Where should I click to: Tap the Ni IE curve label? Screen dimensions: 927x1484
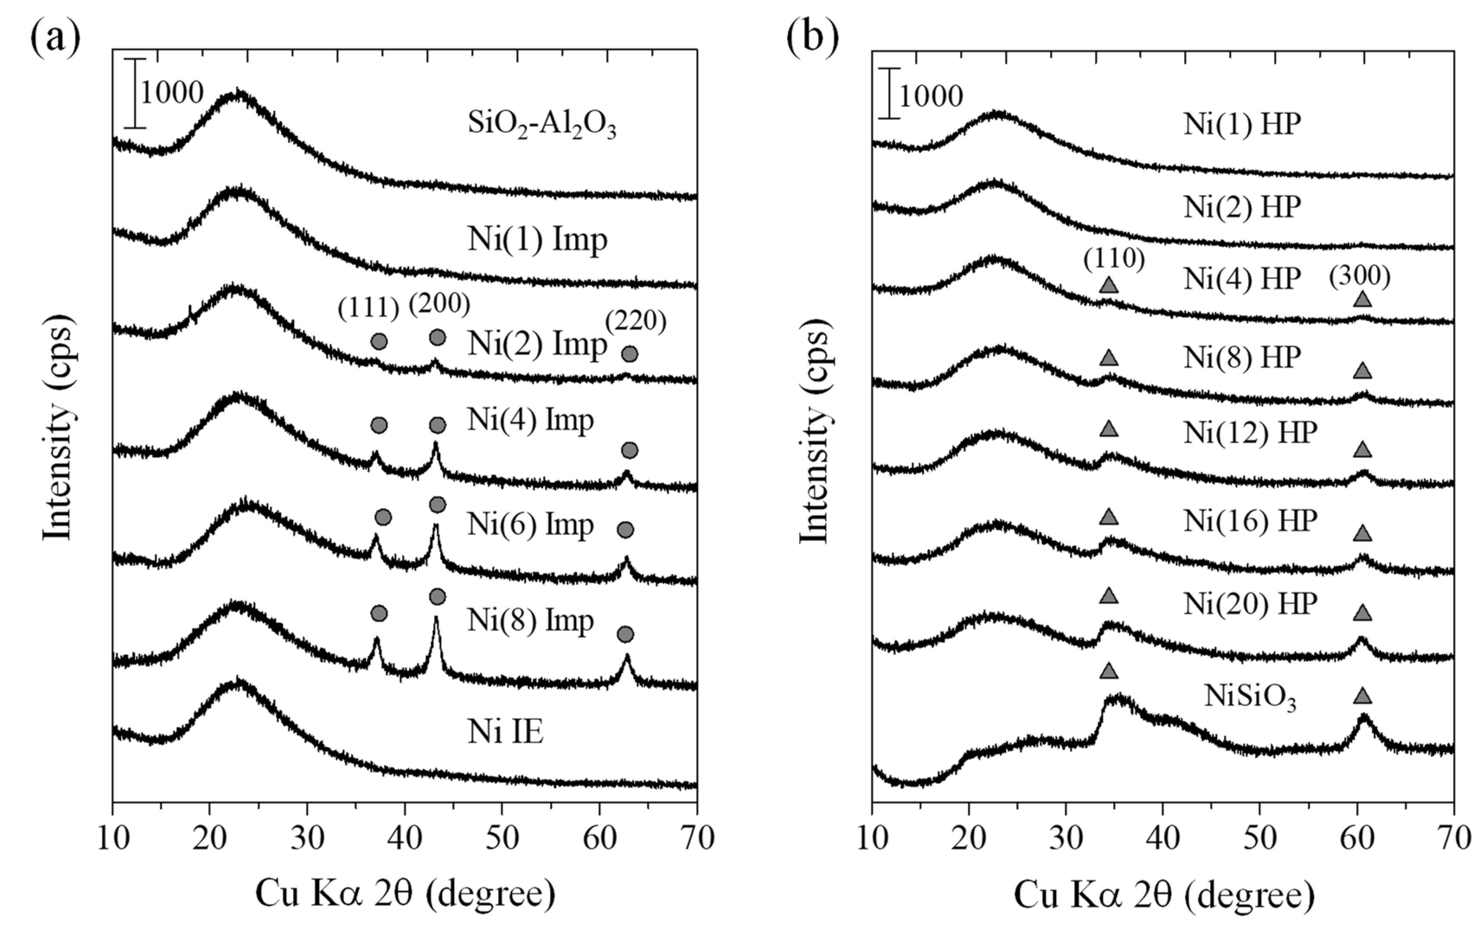(x=506, y=732)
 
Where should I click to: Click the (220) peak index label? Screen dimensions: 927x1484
(x=635, y=320)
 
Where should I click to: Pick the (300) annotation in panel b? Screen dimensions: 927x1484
(x=1359, y=277)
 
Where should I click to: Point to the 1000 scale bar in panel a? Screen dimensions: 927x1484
(x=135, y=93)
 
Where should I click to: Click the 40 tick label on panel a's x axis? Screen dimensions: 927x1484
(x=404, y=838)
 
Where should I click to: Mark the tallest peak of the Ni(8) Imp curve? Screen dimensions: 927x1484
(x=436, y=618)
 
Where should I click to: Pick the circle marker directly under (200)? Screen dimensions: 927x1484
(x=437, y=337)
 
